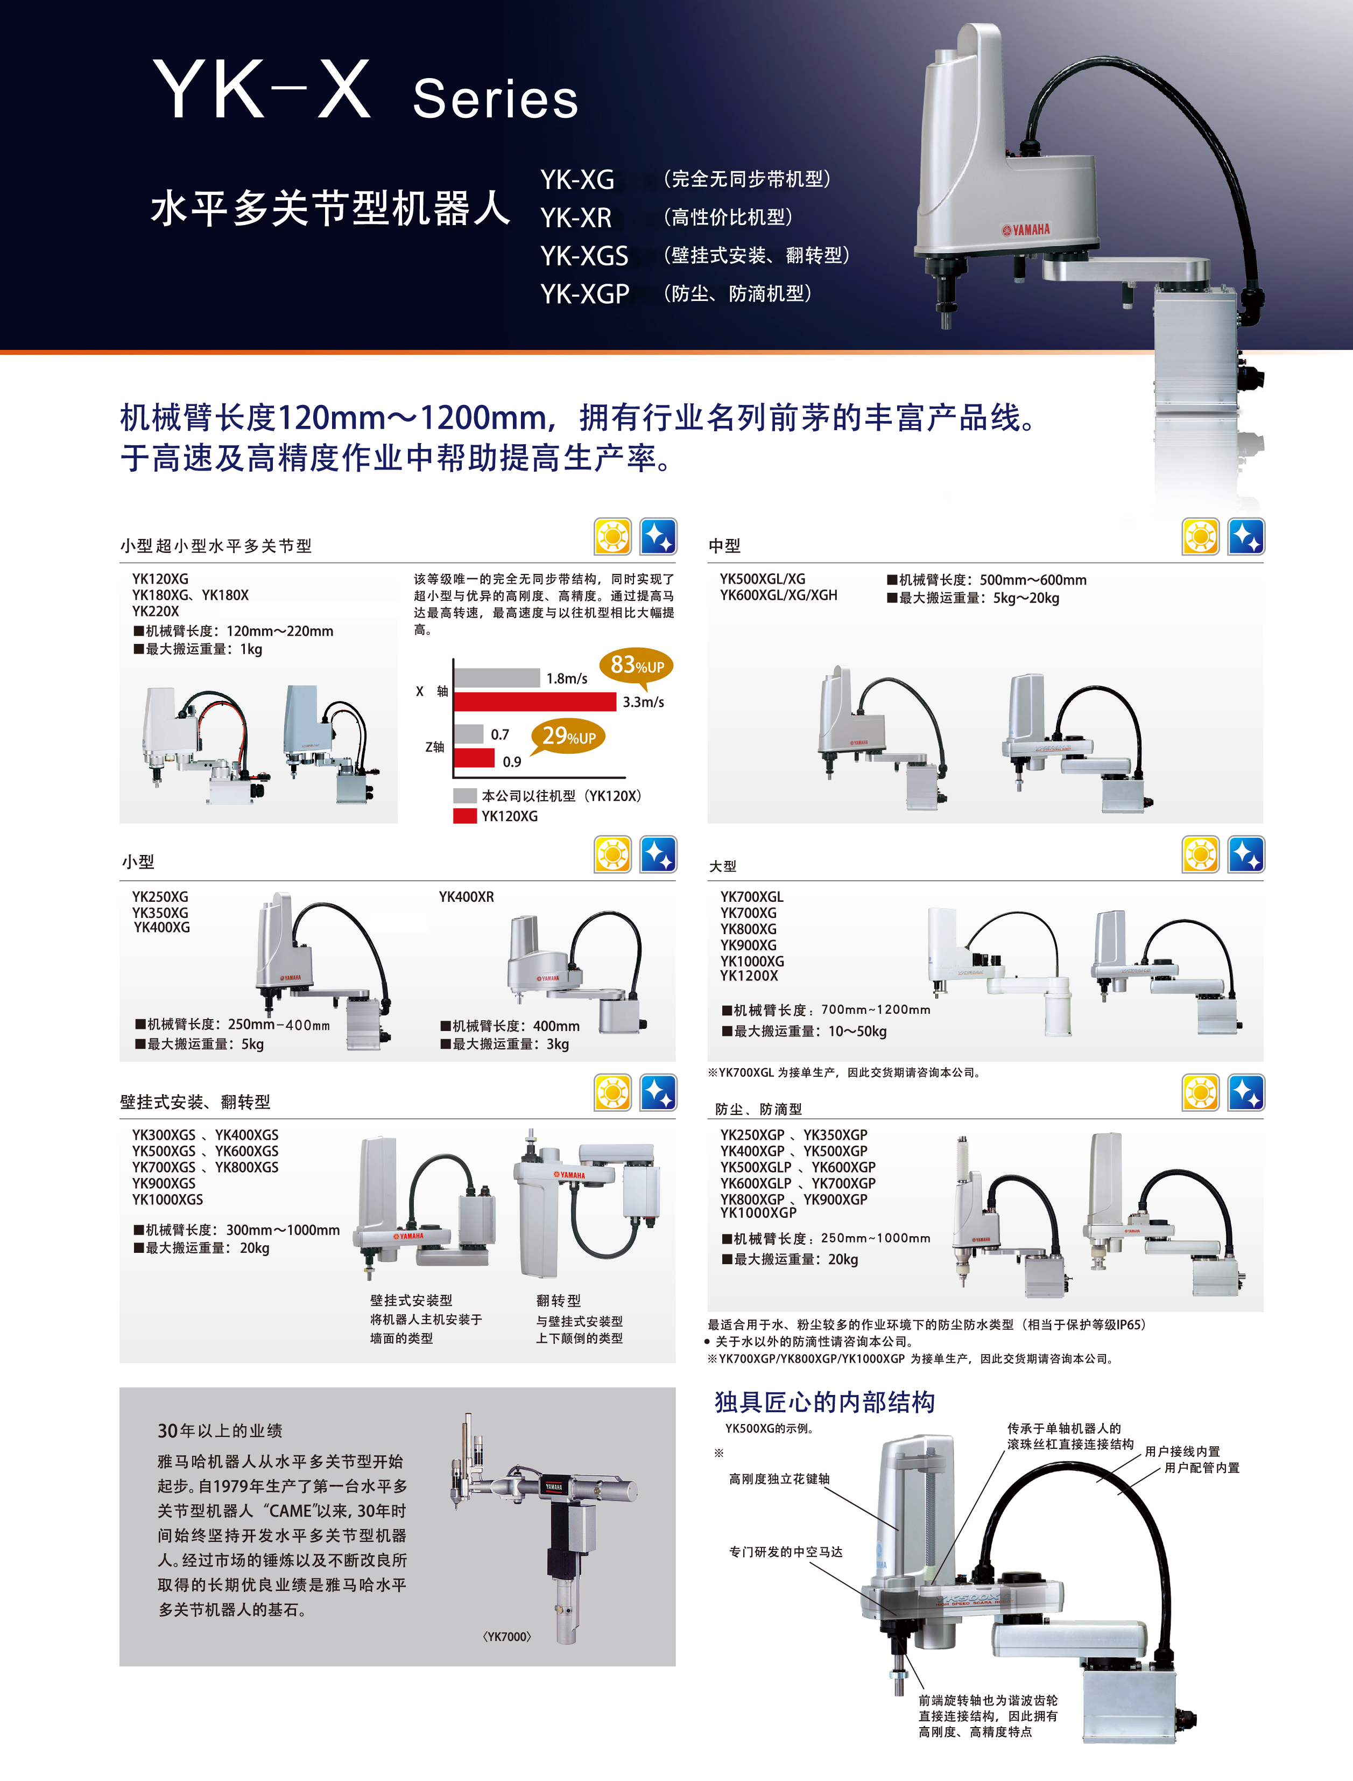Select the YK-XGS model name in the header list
[x=584, y=255]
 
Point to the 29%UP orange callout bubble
[x=568, y=736]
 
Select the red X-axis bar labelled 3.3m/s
[x=535, y=702]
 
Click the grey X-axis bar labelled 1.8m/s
[x=497, y=677]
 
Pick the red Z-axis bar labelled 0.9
[x=474, y=758]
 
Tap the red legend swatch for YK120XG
[x=464, y=816]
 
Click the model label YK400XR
[x=466, y=896]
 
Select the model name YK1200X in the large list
[x=749, y=976]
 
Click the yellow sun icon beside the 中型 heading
[x=1200, y=536]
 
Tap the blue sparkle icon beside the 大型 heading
[x=1246, y=854]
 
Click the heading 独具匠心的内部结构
[x=825, y=1403]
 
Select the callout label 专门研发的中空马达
[x=785, y=1552]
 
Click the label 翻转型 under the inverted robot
[x=558, y=1300]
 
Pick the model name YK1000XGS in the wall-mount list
[x=167, y=1200]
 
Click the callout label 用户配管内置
[x=1202, y=1468]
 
